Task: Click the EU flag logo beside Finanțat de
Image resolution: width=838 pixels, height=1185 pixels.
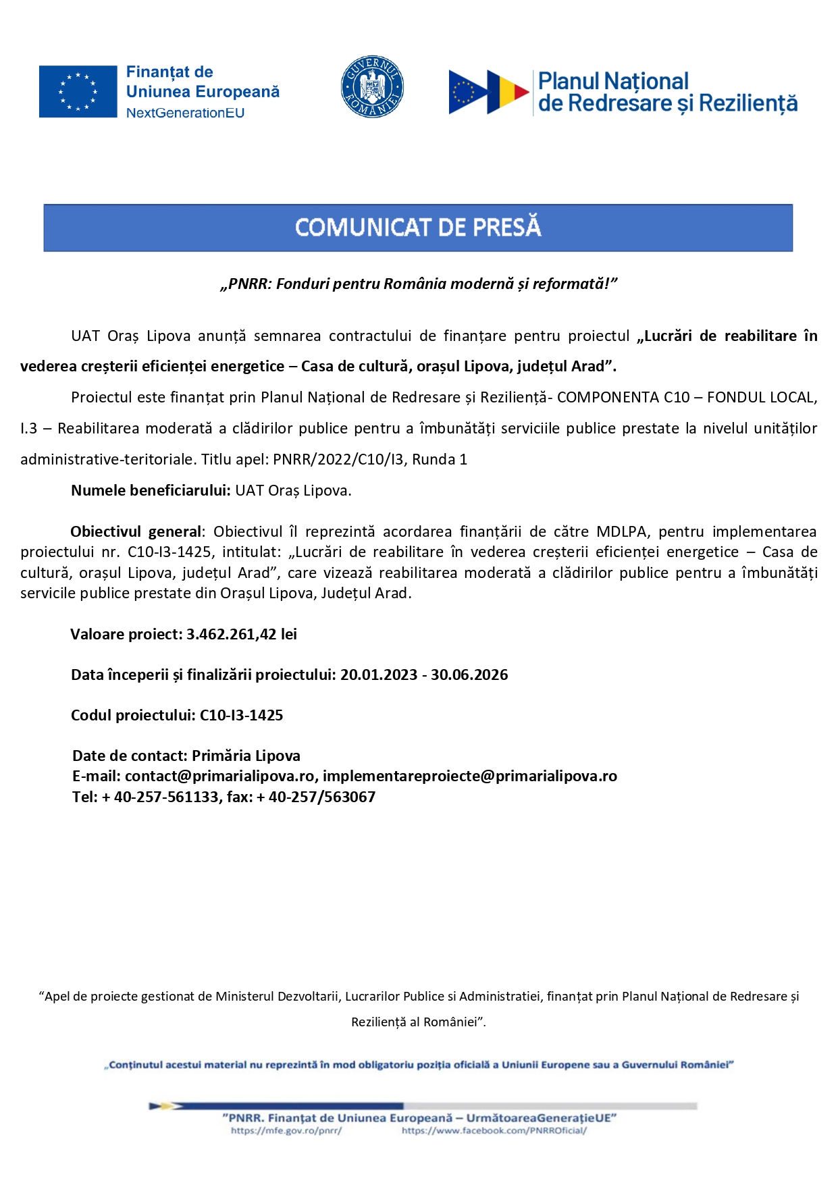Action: (78, 92)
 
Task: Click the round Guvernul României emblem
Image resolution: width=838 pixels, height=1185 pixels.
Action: (372, 87)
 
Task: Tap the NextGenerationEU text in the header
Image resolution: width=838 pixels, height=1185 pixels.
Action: (185, 113)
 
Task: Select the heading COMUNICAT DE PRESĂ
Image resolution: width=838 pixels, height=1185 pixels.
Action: (418, 228)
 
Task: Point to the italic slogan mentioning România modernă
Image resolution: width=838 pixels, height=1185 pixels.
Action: (419, 284)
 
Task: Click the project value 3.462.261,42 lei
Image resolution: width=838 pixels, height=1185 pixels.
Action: (241, 634)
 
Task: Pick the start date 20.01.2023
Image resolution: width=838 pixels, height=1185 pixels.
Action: (378, 675)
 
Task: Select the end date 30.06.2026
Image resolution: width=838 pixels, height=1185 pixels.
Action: (469, 675)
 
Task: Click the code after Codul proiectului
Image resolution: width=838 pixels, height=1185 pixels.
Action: (241, 715)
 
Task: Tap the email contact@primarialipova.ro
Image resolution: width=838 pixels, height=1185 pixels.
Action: (219, 776)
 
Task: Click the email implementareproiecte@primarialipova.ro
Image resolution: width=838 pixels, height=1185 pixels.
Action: (469, 776)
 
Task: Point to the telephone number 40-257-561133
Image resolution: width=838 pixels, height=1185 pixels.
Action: (166, 797)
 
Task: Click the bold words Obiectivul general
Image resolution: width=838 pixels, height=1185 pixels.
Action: (136, 531)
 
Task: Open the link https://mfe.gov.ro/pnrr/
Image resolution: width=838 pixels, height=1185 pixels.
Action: (286, 1130)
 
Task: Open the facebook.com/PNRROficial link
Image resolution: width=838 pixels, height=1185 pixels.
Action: (494, 1130)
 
